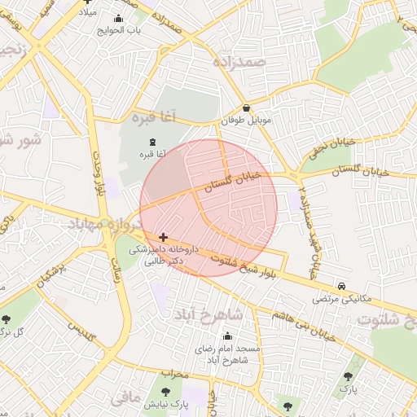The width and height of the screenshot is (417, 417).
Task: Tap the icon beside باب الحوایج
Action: pyautogui.click(x=120, y=18)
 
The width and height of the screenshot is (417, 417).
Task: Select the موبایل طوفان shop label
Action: pyautogui.click(x=244, y=121)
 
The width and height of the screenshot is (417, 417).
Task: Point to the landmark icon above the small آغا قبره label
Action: pyautogui.click(x=153, y=142)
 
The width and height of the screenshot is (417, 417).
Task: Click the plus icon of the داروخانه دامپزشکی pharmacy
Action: pyautogui.click(x=164, y=237)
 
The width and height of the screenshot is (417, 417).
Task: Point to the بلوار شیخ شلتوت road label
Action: pyautogui.click(x=244, y=266)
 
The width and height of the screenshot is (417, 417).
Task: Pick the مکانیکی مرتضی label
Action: pyautogui.click(x=340, y=299)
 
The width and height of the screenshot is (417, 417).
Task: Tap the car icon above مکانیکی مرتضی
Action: pyautogui.click(x=340, y=287)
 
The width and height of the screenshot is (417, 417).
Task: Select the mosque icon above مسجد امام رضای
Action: pyautogui.click(x=226, y=336)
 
